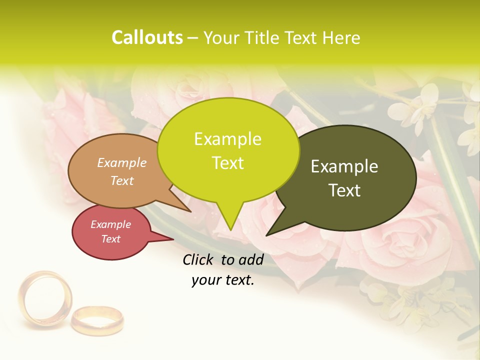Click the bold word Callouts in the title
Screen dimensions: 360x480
(x=147, y=37)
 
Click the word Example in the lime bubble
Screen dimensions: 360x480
(x=227, y=139)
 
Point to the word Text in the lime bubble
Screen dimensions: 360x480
(x=227, y=163)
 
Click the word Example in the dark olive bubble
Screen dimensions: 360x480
(x=344, y=166)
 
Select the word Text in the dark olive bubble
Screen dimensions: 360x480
(x=344, y=190)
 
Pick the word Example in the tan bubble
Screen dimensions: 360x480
(x=122, y=163)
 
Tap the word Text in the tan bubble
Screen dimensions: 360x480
(x=122, y=181)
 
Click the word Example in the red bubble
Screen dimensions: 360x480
(x=110, y=225)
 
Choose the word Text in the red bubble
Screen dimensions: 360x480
(x=110, y=239)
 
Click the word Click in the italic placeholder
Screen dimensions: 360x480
(x=199, y=259)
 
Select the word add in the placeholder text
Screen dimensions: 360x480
(x=251, y=259)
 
